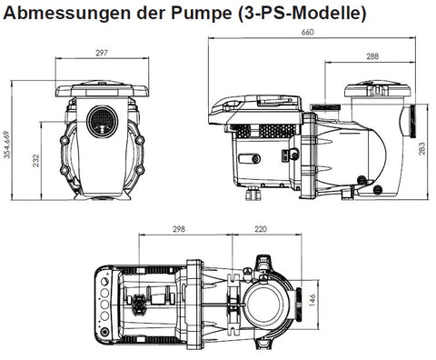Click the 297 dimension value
(102, 53)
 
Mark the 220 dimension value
(260, 229)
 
